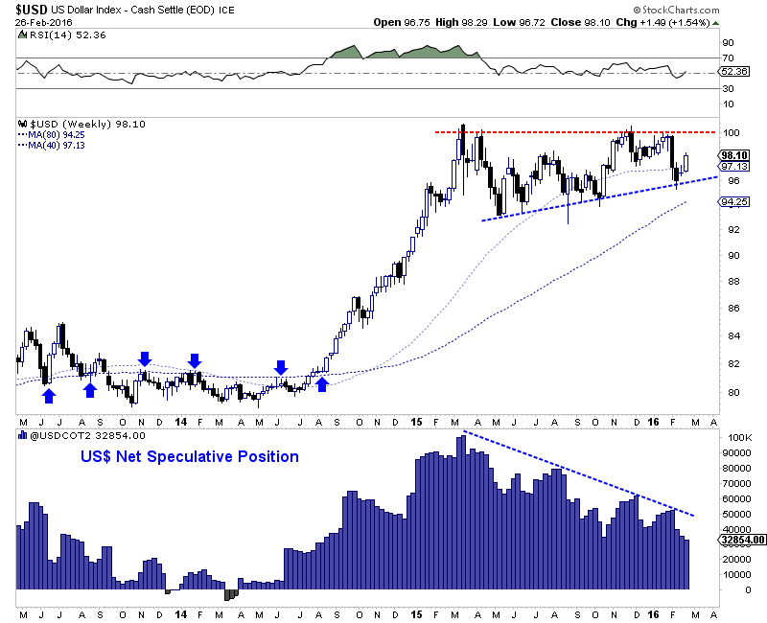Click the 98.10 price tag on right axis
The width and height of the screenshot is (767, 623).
click(733, 154)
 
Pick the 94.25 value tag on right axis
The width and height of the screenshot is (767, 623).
click(733, 202)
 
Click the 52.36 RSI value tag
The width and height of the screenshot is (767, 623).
click(733, 72)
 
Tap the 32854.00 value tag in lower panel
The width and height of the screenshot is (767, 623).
click(739, 541)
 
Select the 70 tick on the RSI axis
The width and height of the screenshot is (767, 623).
click(728, 58)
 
